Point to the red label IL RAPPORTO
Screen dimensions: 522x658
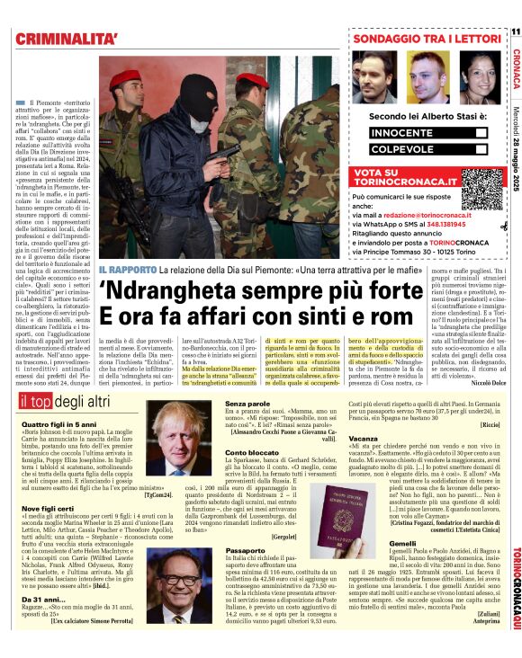[x=127, y=270]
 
